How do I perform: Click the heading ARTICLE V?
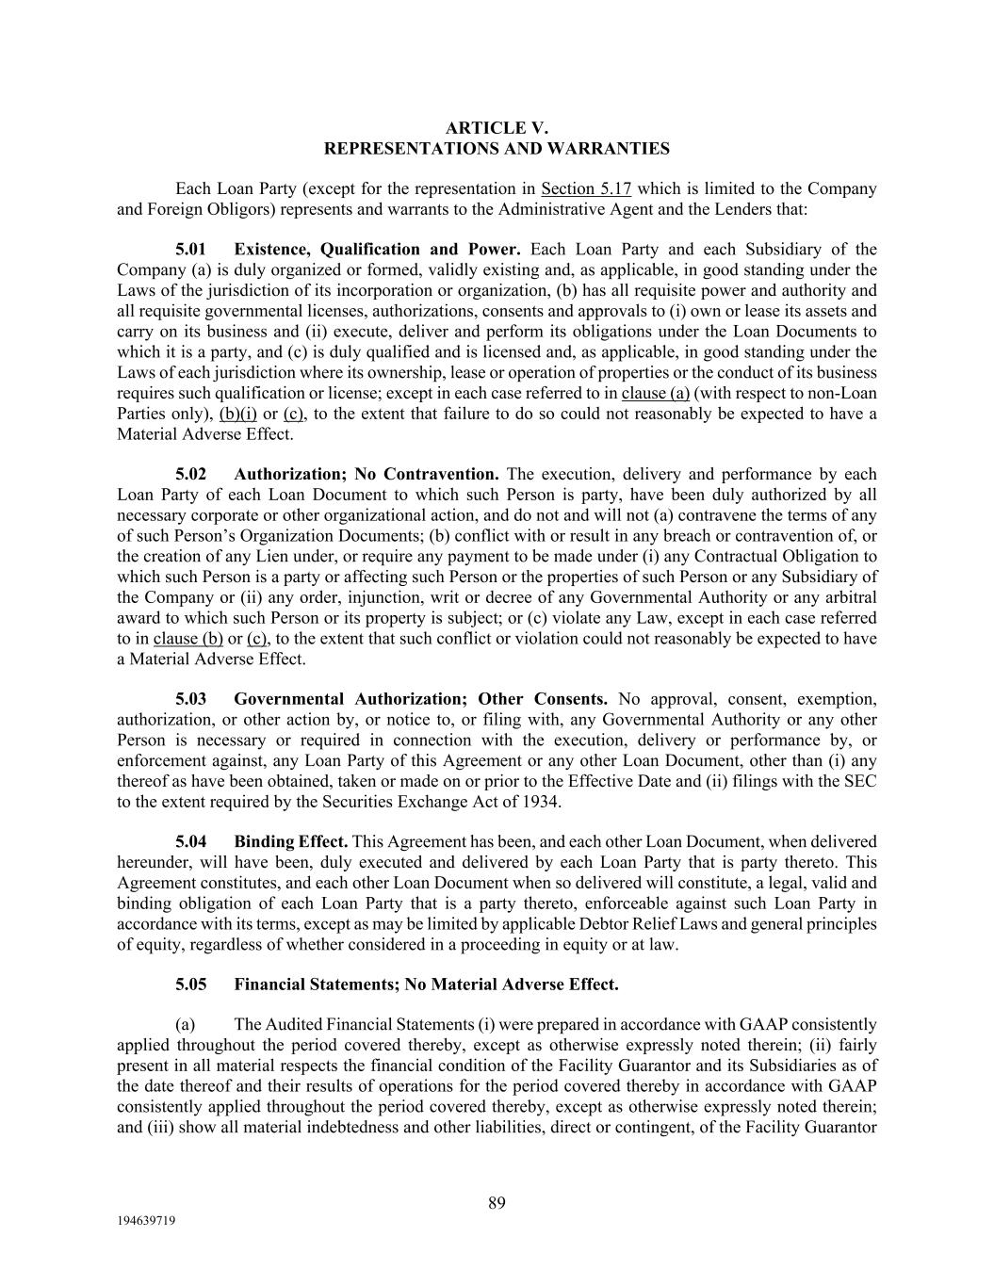pos(497,128)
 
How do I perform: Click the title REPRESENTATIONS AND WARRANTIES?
pos(497,149)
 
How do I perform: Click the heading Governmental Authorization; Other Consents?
pos(420,700)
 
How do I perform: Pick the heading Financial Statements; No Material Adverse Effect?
pos(426,985)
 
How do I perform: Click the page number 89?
pos(497,1203)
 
